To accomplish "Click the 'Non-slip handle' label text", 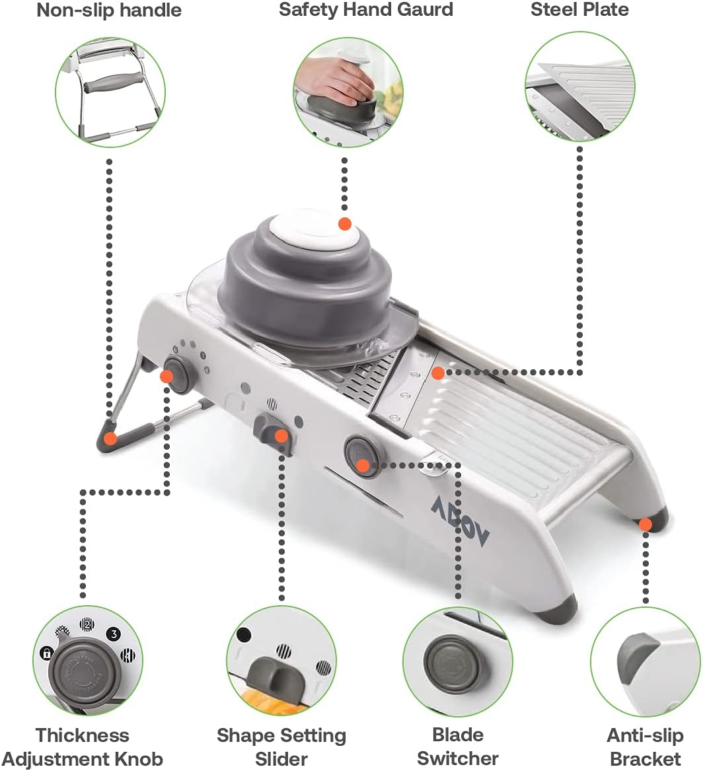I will tap(109, 11).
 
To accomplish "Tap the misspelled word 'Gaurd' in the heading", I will tap(425, 11).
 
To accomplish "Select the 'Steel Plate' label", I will tap(579, 11).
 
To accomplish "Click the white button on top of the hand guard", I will tap(313, 232).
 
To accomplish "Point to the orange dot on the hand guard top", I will tap(344, 224).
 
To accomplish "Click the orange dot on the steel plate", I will tap(437, 373).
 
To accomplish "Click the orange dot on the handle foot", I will tap(111, 438).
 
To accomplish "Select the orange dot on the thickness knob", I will tap(167, 376).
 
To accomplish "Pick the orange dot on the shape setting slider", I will tap(281, 436).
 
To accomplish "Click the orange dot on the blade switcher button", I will tap(361, 466).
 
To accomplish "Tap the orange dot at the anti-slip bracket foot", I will tap(646, 525).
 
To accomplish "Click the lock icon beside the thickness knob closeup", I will tap(46, 654).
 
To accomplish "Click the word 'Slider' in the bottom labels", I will tap(281, 758).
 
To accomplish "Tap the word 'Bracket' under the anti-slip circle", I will tap(645, 758).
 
